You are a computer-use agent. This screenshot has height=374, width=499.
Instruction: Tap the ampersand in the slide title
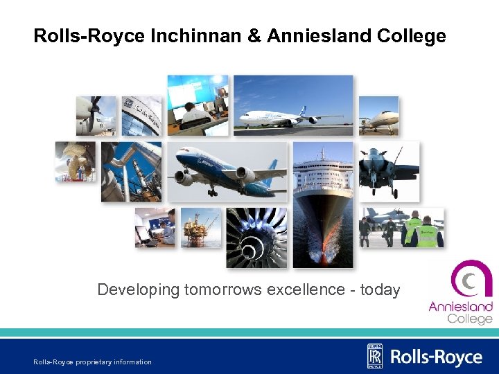(254, 36)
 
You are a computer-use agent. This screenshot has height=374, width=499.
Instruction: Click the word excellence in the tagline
(308, 290)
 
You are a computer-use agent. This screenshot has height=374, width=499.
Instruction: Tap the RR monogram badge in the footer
(375, 356)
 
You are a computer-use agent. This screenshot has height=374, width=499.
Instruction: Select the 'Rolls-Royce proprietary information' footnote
(92, 362)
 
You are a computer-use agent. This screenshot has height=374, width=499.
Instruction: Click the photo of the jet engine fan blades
(256, 237)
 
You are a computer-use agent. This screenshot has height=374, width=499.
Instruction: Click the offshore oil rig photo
(201, 227)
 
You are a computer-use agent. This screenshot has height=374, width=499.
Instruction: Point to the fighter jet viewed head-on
(389, 170)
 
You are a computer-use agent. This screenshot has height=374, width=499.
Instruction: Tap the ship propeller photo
(76, 161)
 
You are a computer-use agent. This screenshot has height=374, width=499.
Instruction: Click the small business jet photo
(378, 116)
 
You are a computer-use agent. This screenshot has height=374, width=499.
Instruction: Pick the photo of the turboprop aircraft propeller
(96, 115)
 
